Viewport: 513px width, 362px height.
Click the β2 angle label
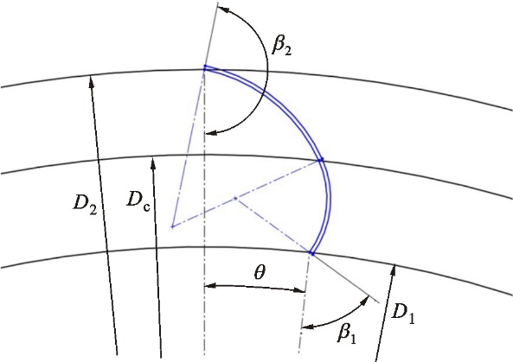coord(281,47)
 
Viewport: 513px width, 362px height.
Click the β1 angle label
coord(346,333)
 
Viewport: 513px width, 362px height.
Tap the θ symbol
coord(260,272)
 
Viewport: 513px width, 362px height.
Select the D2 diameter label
coord(85,204)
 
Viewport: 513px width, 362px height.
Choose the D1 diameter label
coord(403,314)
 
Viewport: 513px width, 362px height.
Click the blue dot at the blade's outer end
coord(205,67)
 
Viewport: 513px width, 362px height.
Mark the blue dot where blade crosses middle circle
coord(321,160)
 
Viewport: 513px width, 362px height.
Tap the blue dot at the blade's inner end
coord(311,253)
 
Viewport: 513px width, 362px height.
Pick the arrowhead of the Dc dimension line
coord(153,162)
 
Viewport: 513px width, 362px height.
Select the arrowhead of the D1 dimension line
coord(394,270)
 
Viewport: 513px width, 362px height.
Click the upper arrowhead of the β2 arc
coord(222,9)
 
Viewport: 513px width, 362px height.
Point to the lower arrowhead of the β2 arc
coord(211,133)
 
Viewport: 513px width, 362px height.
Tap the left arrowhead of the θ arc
coord(210,286)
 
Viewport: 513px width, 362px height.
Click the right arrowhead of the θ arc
coord(299,289)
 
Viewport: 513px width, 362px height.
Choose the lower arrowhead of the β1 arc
coord(307,327)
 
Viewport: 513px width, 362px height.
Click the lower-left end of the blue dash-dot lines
coord(172,226)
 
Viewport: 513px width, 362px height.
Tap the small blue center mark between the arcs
coord(235,198)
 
